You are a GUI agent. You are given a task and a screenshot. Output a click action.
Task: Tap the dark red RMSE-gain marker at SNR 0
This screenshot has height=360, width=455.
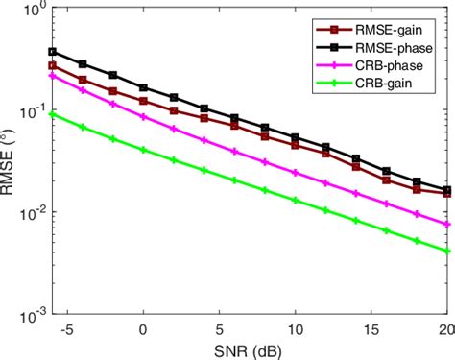pyautogui.click(x=143, y=100)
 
